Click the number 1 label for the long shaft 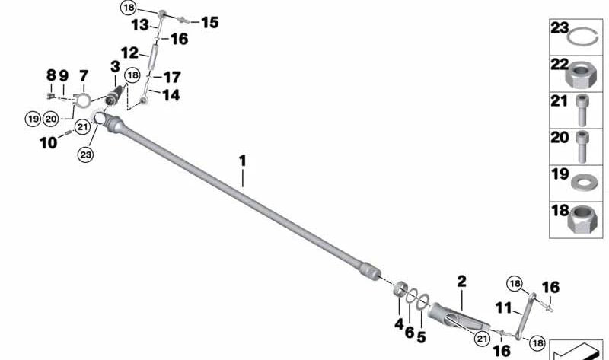coord(242,161)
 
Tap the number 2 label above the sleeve coord(461,282)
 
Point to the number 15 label coord(209,23)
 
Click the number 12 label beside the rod coord(130,53)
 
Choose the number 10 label coord(48,142)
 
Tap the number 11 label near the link coord(503,307)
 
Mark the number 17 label coord(173,77)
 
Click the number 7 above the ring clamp coord(83,75)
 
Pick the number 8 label coord(51,75)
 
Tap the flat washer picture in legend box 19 coord(582,183)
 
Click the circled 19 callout coord(32,118)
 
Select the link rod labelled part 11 coord(522,320)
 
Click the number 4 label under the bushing coord(398,323)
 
